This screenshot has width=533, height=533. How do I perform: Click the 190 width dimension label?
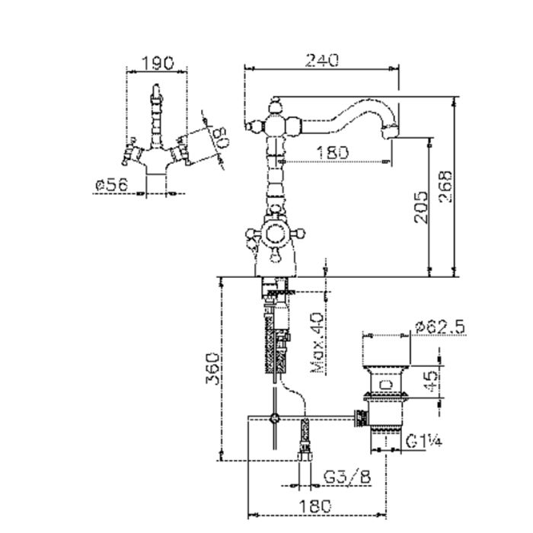(157, 63)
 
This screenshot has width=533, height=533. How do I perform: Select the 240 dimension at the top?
(322, 60)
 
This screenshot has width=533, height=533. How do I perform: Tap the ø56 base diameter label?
(112, 184)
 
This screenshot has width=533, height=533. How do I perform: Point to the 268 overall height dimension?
(446, 187)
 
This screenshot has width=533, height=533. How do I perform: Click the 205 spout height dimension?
(421, 207)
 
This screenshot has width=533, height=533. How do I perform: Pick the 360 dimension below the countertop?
(212, 369)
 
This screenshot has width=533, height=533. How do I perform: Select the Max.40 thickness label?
(318, 343)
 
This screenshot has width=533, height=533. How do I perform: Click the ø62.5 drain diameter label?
(440, 327)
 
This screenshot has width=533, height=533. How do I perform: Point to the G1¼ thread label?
(424, 441)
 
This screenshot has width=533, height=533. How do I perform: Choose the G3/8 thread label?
(346, 477)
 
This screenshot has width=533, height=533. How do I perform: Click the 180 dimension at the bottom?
(314, 506)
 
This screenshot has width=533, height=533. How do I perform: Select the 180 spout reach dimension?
(333, 152)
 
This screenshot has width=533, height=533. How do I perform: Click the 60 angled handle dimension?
(219, 137)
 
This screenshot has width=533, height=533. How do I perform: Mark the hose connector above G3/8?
(305, 441)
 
